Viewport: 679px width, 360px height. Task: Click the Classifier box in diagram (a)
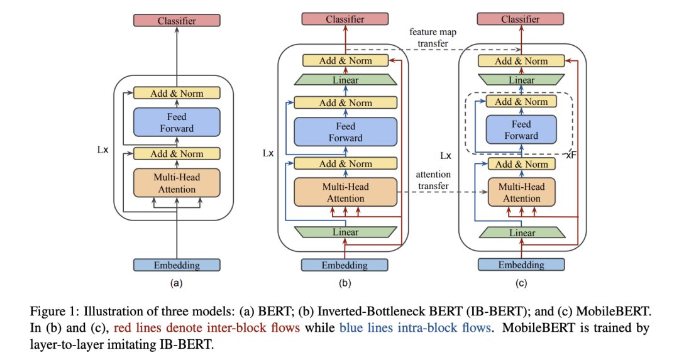coord(177,21)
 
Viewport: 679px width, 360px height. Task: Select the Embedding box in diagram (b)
coord(345,265)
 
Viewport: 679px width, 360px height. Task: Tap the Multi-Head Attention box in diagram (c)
coord(521,193)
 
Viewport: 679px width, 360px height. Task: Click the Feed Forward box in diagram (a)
coord(177,123)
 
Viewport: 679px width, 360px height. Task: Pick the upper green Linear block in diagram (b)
coord(345,80)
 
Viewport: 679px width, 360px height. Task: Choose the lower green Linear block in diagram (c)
coord(522,233)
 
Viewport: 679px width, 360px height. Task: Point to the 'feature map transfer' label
coord(433,37)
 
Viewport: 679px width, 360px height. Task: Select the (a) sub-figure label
coord(177,283)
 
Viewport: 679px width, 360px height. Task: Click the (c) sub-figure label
coord(521,283)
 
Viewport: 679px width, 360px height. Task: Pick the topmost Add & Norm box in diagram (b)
coord(345,61)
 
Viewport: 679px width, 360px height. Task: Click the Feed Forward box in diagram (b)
coord(345,132)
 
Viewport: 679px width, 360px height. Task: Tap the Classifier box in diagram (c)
coord(521,19)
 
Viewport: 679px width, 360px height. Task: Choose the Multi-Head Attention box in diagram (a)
coord(177,183)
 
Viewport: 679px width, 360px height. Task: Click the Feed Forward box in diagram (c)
coord(521,130)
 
